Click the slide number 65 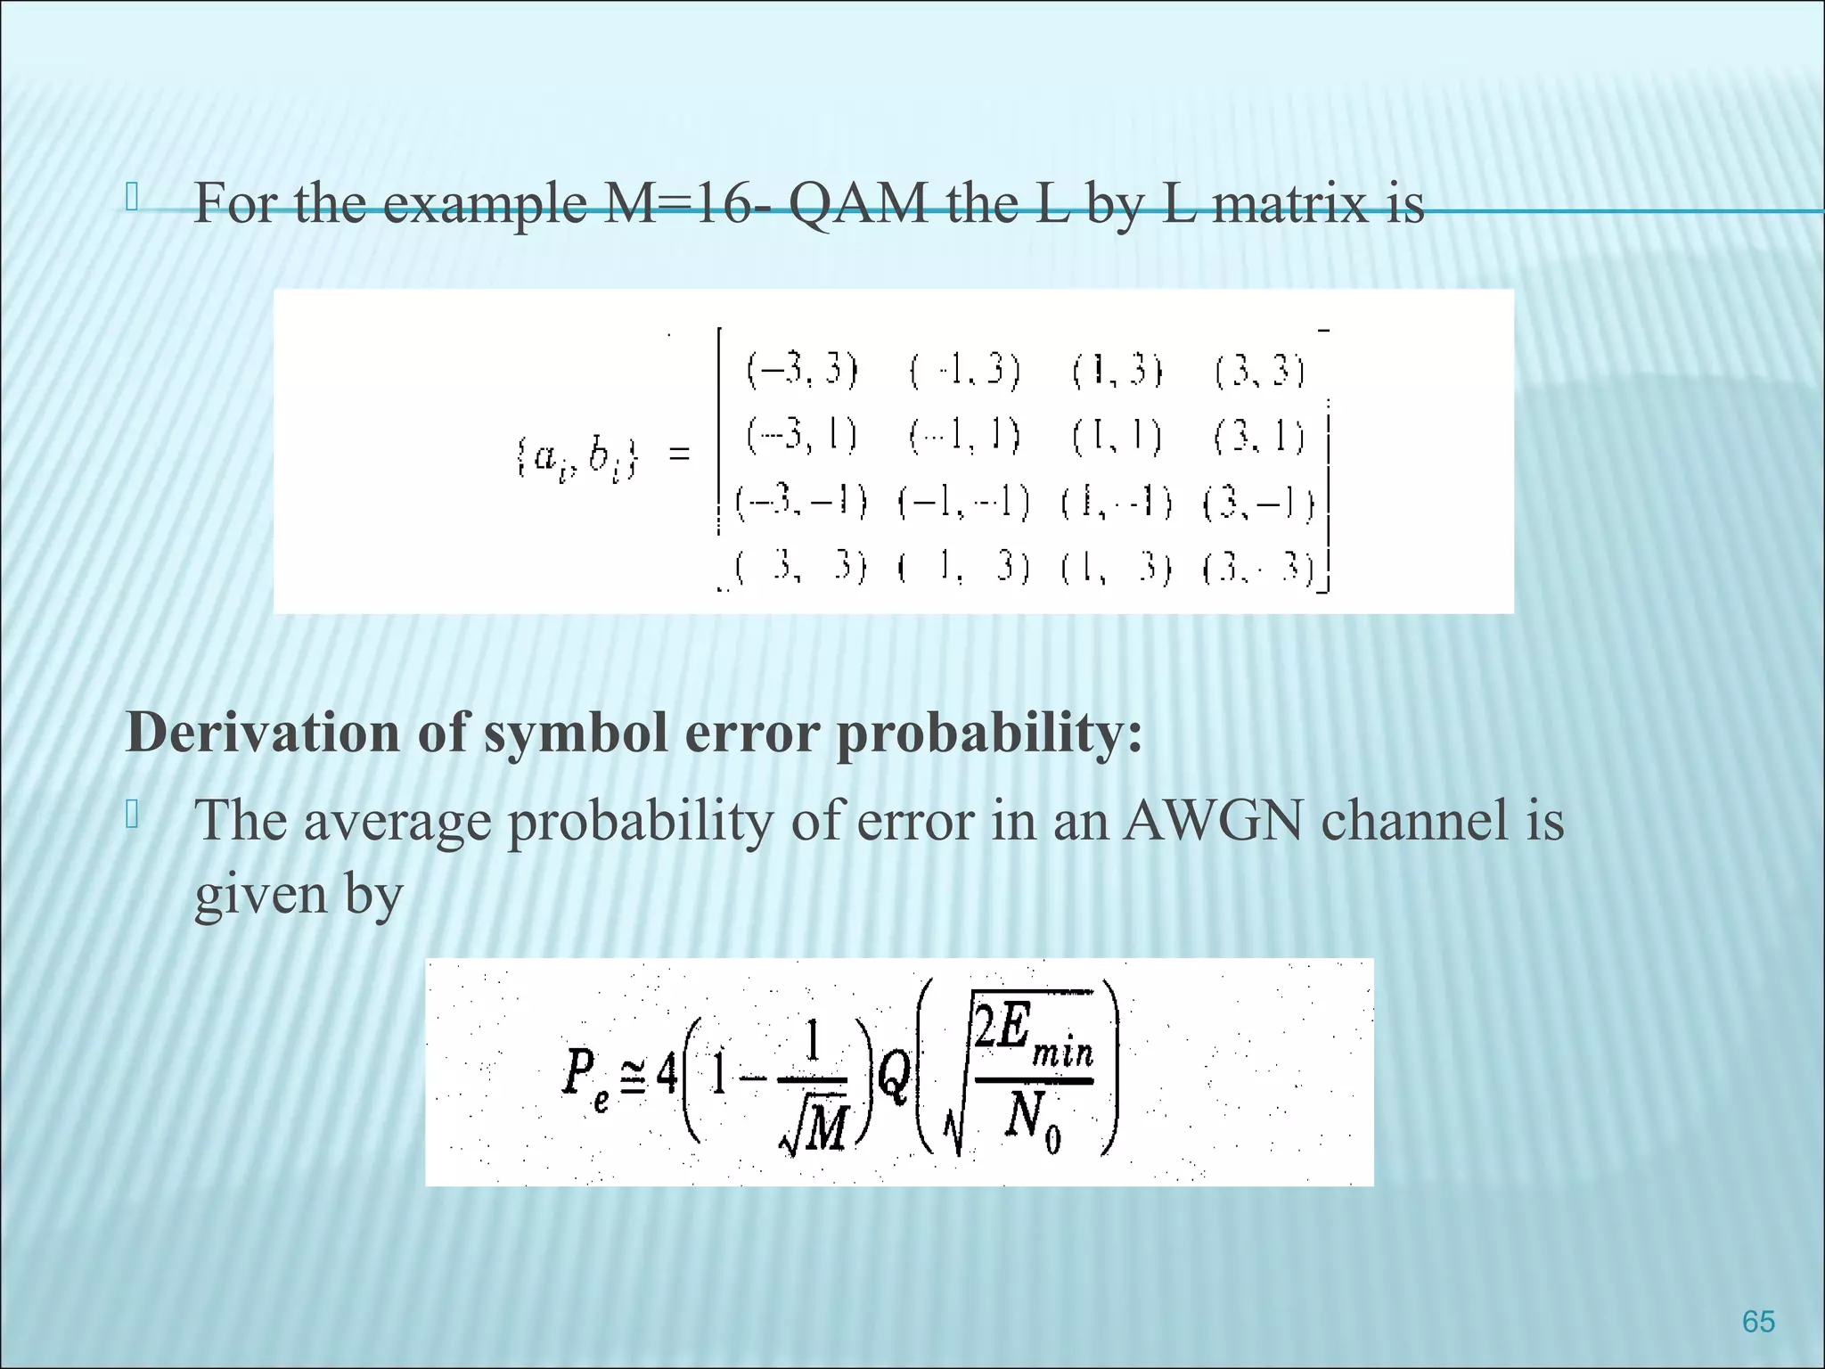click(x=1757, y=1321)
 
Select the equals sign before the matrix click(x=679, y=455)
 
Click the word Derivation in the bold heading click(x=264, y=733)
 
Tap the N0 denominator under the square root click(x=1034, y=1122)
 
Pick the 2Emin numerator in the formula click(x=1034, y=1034)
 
